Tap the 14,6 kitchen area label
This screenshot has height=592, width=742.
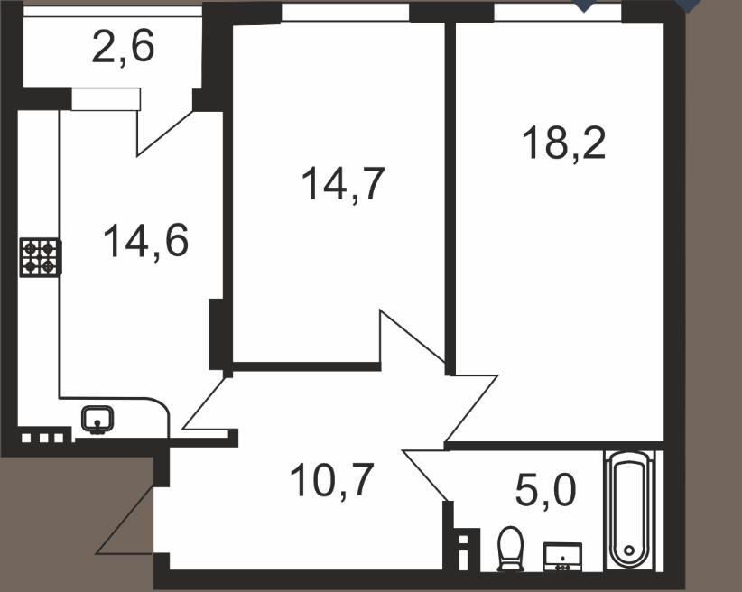145,241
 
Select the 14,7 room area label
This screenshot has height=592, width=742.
343,185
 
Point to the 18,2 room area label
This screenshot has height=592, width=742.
563,143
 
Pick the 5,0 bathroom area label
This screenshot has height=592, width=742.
545,491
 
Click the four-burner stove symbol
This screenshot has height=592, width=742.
41,257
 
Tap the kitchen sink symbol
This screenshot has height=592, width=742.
97,420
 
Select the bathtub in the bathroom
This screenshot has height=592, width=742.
629,510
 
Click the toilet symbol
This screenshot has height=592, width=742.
510,549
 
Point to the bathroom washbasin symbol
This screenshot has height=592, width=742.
562,557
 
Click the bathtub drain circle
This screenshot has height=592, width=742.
629,550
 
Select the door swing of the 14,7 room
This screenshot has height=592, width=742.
413,337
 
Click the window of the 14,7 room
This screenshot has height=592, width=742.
346,13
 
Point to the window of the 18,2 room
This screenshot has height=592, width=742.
558,13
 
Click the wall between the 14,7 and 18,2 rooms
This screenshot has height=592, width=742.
450,199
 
